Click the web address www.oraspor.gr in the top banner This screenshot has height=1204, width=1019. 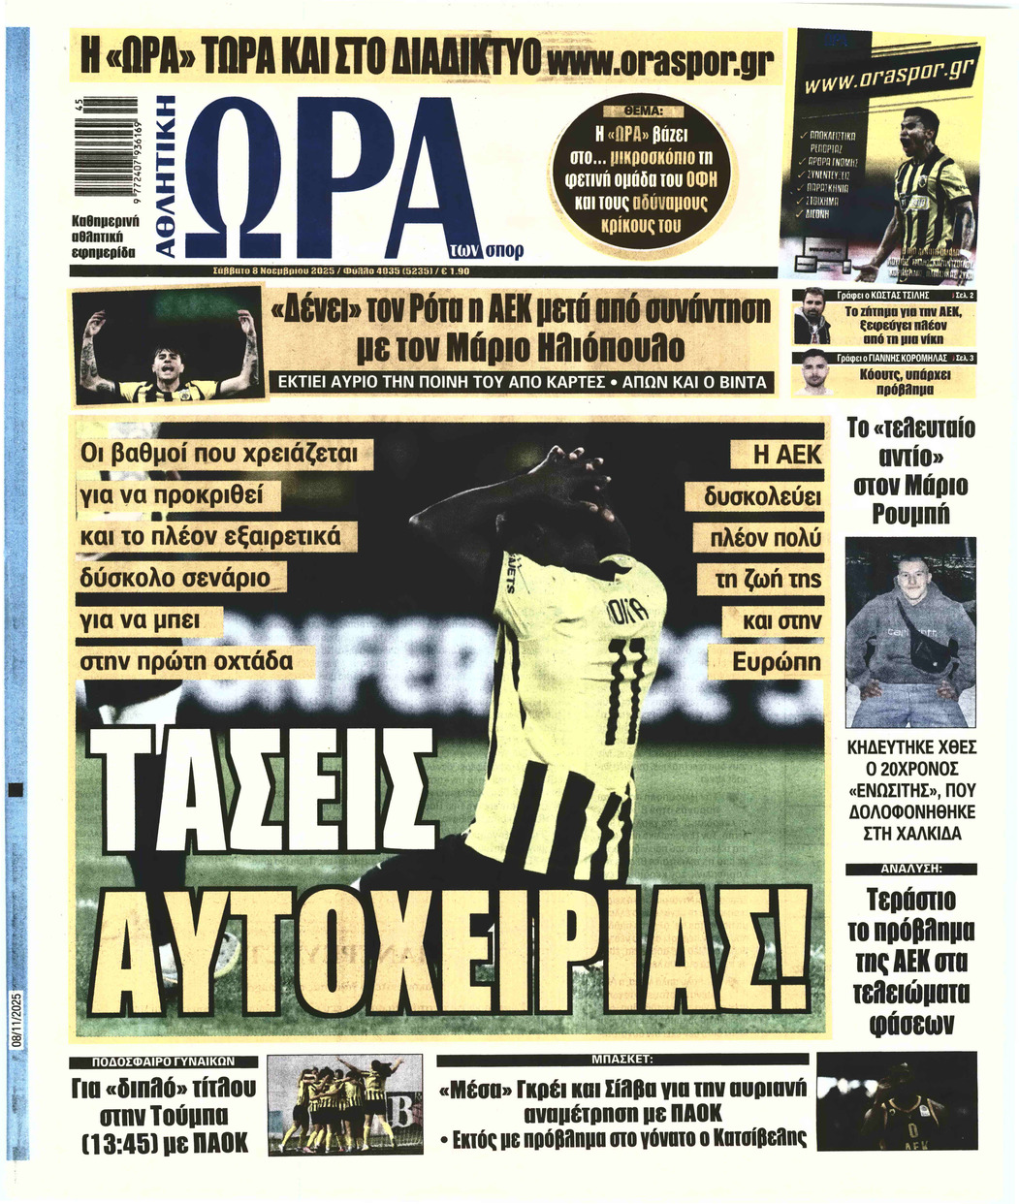pyautogui.click(x=659, y=62)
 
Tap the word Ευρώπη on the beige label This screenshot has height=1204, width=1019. pyautogui.click(x=777, y=663)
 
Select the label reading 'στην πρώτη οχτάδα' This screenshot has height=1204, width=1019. pyautogui.click(x=187, y=662)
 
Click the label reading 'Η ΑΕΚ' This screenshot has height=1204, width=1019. pyautogui.click(x=787, y=455)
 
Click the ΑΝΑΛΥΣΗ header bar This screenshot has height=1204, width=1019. pyautogui.click(x=910, y=869)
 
